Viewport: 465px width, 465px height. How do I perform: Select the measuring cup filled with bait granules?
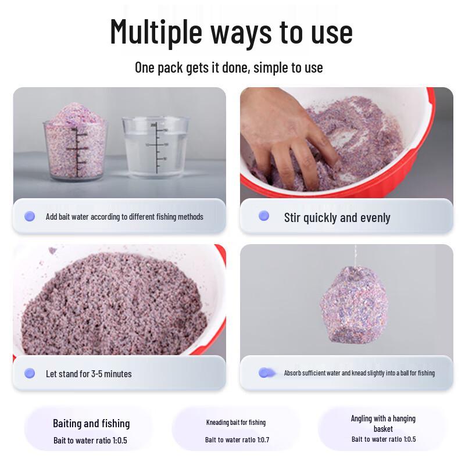[76, 142]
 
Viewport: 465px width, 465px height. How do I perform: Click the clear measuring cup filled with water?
[155, 148]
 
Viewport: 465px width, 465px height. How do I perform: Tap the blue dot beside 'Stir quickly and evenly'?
[264, 216]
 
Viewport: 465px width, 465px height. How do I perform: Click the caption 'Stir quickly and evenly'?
[337, 217]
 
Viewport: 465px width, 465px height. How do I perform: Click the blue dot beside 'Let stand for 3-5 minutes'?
[30, 373]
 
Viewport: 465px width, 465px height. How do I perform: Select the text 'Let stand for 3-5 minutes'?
[89, 374]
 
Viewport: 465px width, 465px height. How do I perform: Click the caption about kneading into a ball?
[359, 373]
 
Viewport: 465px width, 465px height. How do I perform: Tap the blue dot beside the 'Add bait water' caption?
[30, 216]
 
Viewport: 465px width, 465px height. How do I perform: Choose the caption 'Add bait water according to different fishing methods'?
[124, 217]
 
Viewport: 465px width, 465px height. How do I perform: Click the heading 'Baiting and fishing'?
[91, 424]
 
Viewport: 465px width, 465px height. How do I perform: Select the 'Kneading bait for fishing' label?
[236, 423]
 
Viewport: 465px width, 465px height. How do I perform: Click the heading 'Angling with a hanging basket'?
[383, 424]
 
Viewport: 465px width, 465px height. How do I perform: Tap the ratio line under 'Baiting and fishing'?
[90, 441]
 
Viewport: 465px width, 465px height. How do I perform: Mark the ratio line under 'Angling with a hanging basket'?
[384, 439]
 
